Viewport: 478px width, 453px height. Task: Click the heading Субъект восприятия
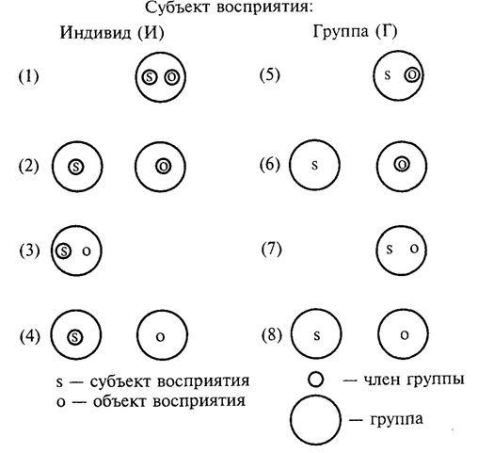(230, 8)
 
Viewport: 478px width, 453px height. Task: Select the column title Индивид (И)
(112, 32)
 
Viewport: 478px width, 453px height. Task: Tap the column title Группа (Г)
(355, 31)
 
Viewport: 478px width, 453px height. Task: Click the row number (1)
(29, 76)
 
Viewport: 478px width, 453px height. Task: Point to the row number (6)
(270, 164)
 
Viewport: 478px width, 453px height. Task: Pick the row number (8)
(272, 334)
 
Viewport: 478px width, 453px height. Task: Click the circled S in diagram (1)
(149, 77)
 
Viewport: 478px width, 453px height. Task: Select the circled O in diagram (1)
(172, 76)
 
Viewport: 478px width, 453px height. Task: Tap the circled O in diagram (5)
(412, 75)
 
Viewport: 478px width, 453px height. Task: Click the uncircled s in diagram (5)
(388, 74)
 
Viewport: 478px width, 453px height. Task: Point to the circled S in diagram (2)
(76, 167)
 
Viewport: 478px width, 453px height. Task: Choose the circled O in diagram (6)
(402, 164)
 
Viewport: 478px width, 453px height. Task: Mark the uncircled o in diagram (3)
(87, 251)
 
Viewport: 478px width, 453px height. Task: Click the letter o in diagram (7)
(414, 249)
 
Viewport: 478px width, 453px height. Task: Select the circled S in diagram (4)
(75, 337)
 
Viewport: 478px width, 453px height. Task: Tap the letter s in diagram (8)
(317, 335)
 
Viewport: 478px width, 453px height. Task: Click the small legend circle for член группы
(315, 380)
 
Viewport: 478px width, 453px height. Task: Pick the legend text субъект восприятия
(169, 381)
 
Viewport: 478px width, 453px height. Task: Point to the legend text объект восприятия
(169, 401)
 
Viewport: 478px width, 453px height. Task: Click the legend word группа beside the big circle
(397, 419)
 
